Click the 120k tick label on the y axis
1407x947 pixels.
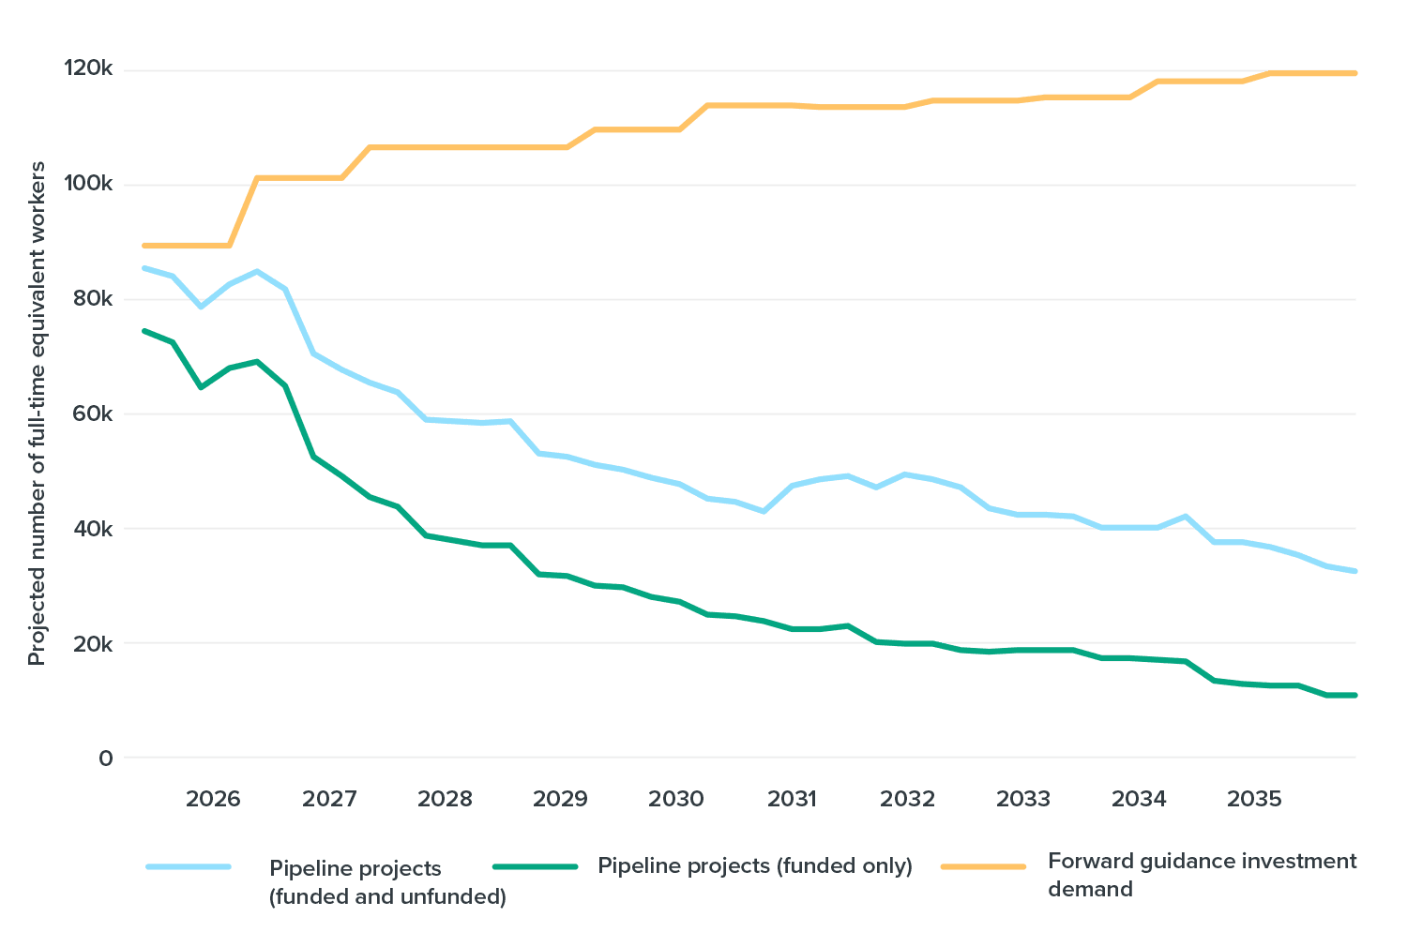point(88,69)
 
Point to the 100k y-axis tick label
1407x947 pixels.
point(88,184)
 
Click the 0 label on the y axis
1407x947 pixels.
point(105,758)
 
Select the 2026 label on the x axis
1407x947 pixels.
point(213,799)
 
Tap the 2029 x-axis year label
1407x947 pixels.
point(560,799)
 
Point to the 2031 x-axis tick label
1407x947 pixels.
point(792,799)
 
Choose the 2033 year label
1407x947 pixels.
point(1023,799)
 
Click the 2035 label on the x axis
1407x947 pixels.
point(1254,799)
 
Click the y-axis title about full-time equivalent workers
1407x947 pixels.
point(37,413)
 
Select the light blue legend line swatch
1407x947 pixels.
point(189,866)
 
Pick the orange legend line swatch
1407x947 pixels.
point(983,866)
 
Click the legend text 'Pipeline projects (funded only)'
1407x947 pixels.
point(755,865)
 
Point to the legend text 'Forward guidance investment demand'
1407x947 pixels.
point(1202,874)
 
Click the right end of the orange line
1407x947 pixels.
point(1355,73)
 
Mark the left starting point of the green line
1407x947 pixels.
point(144,330)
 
